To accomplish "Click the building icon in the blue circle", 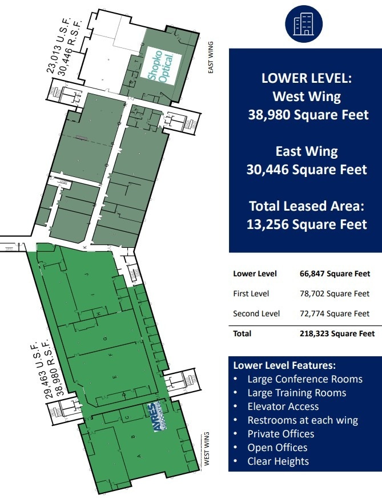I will (x=303, y=23).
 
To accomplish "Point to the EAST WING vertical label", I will (x=210, y=58).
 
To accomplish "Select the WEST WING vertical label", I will (x=207, y=449).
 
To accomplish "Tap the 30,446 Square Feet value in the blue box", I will (x=307, y=170).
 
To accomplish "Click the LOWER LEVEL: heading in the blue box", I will (x=307, y=79).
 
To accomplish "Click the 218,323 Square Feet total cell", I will (x=337, y=333).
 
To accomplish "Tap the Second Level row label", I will (x=256, y=313).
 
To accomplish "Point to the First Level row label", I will (x=251, y=293).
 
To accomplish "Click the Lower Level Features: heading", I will (x=284, y=365).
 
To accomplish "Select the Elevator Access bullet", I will (x=283, y=407).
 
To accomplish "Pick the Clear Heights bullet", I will (x=278, y=461).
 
